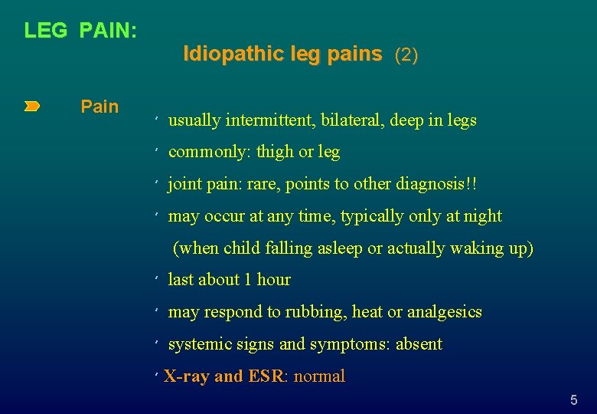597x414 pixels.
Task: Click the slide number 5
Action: (574, 400)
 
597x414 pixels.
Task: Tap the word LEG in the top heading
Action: (45, 31)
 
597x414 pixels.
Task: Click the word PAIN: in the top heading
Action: (108, 31)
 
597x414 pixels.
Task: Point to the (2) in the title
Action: (406, 54)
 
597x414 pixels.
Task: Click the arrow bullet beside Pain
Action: (31, 107)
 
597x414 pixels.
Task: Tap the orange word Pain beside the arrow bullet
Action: (99, 107)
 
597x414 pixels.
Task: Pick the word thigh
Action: (275, 152)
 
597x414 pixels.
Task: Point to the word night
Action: (483, 216)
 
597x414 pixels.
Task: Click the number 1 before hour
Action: (247, 280)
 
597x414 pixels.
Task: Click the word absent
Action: (419, 344)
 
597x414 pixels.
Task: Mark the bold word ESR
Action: (265, 376)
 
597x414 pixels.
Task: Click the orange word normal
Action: (319, 376)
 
